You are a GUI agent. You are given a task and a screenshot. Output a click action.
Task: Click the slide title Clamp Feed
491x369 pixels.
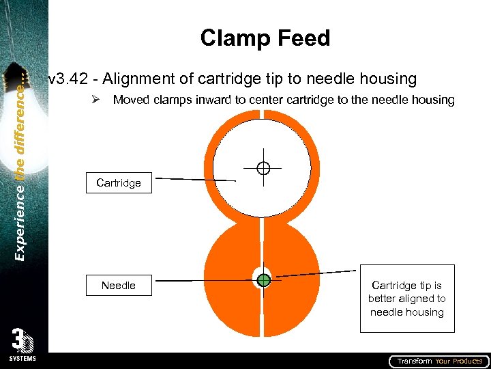[265, 38]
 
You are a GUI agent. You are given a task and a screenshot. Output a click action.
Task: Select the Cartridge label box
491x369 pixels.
[119, 183]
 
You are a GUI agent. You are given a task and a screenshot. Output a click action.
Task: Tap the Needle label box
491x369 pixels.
[119, 286]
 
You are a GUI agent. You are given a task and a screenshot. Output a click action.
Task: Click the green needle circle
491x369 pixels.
[265, 279]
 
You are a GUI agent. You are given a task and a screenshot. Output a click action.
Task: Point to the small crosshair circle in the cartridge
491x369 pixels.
[264, 167]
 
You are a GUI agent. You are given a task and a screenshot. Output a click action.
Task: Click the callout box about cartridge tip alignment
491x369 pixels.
[406, 299]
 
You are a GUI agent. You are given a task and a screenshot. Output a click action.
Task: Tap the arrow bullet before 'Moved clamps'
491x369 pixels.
[97, 100]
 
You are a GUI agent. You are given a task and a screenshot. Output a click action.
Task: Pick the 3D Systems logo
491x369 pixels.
[24, 345]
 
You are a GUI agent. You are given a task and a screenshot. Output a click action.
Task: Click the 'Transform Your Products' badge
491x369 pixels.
[438, 361]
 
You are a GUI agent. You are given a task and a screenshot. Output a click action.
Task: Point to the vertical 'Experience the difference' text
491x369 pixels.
[20, 164]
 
